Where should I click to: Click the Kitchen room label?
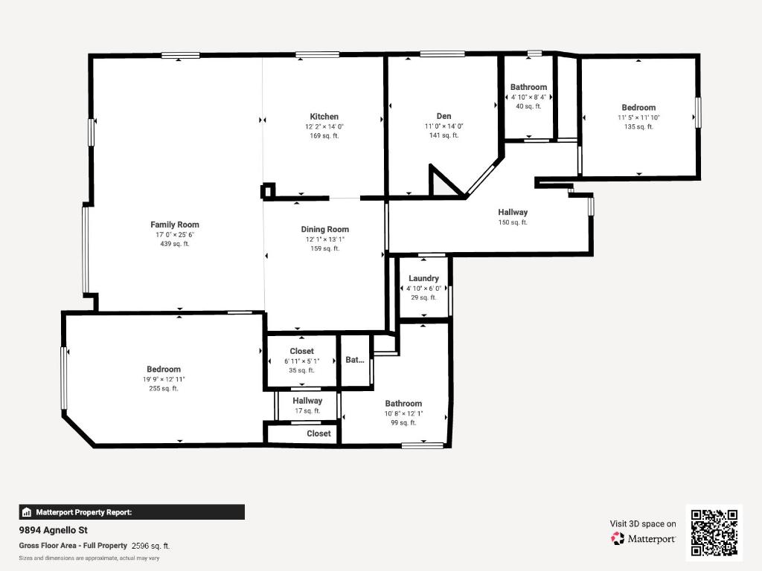click(x=324, y=117)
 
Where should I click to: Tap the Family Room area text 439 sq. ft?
click(x=174, y=244)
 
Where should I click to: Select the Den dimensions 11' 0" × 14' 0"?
click(x=444, y=126)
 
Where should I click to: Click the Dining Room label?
click(x=324, y=230)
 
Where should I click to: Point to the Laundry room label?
click(x=423, y=279)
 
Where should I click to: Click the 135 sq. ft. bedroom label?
click(x=638, y=108)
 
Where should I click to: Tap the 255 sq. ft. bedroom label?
click(x=163, y=370)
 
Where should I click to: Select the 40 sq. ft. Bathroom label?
click(x=528, y=88)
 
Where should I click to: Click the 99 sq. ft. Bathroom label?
click(x=403, y=404)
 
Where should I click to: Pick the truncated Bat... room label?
click(x=355, y=360)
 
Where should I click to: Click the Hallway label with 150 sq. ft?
click(x=513, y=213)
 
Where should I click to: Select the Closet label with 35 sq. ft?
click(x=301, y=352)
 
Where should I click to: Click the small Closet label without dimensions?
click(x=318, y=433)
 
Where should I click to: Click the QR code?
click(x=714, y=532)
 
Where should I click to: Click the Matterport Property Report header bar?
click(x=132, y=512)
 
